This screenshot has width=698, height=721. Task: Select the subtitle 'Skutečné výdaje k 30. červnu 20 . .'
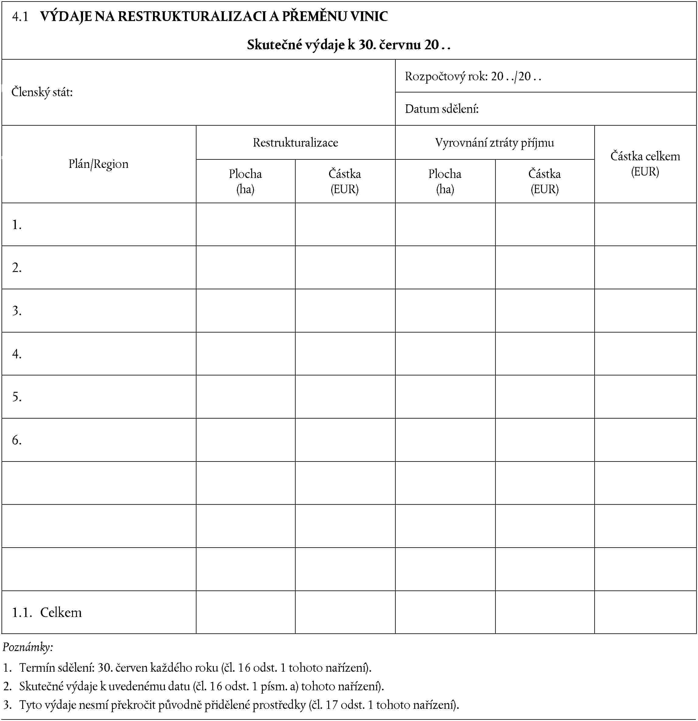[x=349, y=45]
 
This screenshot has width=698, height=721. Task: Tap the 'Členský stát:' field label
[x=42, y=92]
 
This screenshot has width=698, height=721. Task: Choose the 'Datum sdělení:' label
[x=442, y=109]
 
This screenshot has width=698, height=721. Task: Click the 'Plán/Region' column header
[x=99, y=164]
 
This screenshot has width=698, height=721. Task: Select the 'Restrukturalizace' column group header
[x=295, y=143]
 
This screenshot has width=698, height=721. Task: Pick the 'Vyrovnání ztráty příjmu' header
[x=495, y=143]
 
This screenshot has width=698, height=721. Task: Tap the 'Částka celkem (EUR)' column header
[x=645, y=164]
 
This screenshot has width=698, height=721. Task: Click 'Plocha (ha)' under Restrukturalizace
[x=245, y=181]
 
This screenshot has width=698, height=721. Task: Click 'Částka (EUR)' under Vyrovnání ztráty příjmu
[x=545, y=181]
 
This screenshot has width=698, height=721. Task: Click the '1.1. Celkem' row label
[x=47, y=612]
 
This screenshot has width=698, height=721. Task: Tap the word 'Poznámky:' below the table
[x=28, y=647]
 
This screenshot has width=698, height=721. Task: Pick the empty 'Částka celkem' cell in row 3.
[x=645, y=311]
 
